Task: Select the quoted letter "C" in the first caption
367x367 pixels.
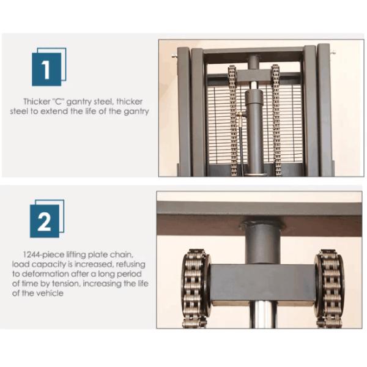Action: (59, 102)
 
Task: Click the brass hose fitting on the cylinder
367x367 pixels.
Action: (240, 115)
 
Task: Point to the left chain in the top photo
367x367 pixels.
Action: (232, 120)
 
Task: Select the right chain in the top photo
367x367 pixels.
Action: (276, 120)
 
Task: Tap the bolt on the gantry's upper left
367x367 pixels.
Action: (174, 56)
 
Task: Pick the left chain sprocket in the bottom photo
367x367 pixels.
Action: (196, 285)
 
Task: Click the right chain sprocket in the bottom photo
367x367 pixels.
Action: (329, 286)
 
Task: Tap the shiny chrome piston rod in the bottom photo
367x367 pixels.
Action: (263, 314)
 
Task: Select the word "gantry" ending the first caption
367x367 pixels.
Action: (136, 111)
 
